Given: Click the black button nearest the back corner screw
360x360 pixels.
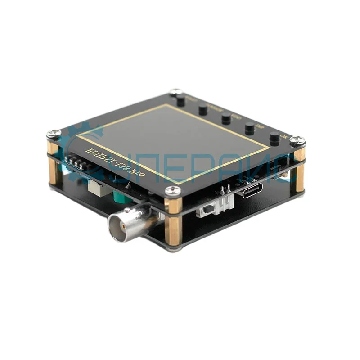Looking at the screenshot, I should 181,101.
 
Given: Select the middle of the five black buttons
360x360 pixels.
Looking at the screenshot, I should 226,119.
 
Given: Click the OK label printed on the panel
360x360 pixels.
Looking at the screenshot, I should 283,135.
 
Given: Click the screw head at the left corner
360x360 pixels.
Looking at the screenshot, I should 54,134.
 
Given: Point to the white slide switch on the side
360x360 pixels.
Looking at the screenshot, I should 208,211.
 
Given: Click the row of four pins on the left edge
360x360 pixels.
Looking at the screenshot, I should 76,162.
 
